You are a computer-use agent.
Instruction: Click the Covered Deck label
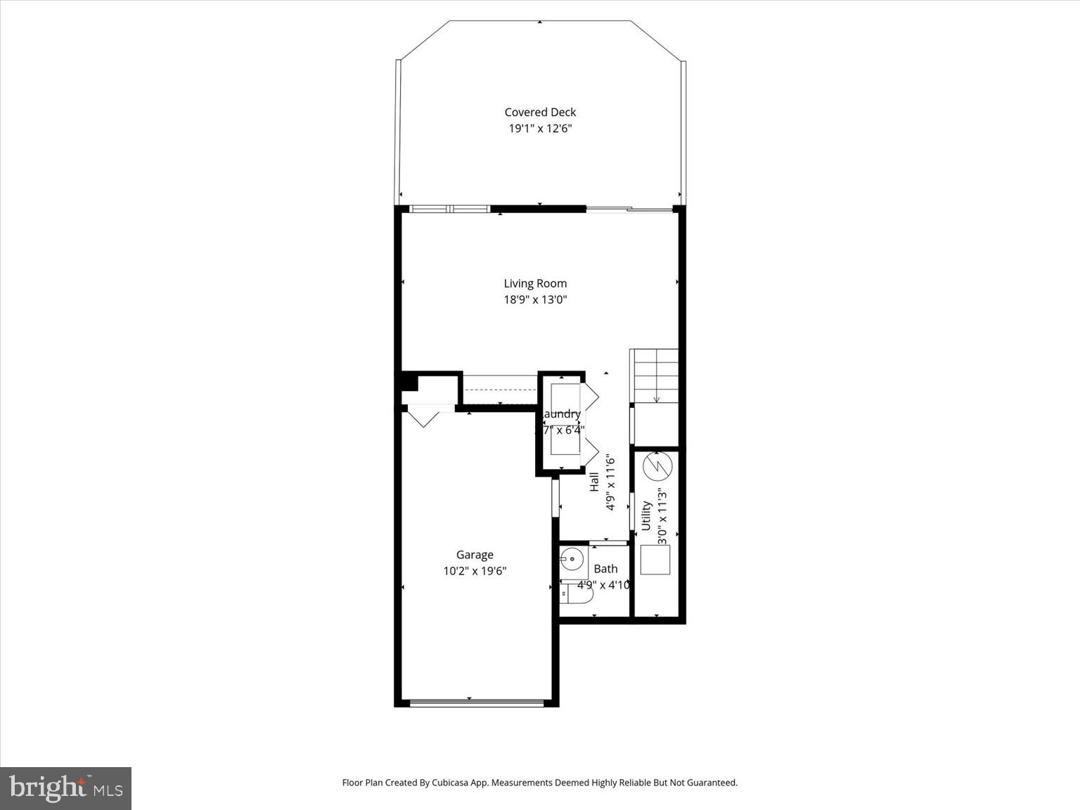(540, 112)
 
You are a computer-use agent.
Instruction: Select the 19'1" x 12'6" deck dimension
(540, 129)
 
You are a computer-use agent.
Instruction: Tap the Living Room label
(535, 283)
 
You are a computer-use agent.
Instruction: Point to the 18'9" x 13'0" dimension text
(535, 300)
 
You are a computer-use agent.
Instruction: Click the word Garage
(475, 555)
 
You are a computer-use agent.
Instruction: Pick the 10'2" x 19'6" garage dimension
(475, 571)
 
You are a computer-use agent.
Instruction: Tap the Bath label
(605, 569)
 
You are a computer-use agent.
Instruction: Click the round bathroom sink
(572, 560)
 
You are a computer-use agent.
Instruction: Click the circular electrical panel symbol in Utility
(658, 466)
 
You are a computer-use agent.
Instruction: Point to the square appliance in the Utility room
(655, 560)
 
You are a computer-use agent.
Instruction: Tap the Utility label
(646, 515)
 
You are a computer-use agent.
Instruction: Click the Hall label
(594, 482)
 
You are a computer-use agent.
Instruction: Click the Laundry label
(561, 414)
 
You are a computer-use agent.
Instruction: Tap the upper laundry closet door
(590, 396)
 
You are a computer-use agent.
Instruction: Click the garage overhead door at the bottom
(476, 702)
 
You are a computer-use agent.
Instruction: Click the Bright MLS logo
(65, 788)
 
